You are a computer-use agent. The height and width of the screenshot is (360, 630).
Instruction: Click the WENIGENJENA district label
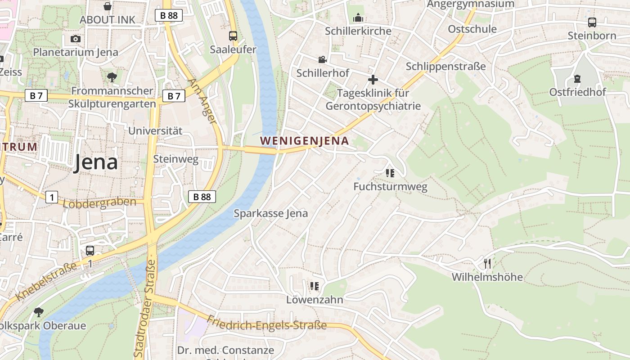pyautogui.click(x=304, y=141)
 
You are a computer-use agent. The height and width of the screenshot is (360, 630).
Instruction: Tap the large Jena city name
pyautogui.click(x=96, y=162)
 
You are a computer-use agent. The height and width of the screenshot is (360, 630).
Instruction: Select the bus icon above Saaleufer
pyautogui.click(x=233, y=36)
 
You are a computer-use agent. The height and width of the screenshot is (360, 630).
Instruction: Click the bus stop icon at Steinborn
pyautogui.click(x=592, y=22)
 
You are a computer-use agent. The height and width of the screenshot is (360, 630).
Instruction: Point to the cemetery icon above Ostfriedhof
pyautogui.click(x=577, y=79)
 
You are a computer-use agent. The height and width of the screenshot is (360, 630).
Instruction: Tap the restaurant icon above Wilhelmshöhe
pyautogui.click(x=487, y=264)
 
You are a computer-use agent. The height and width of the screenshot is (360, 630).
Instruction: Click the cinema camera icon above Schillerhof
pyautogui.click(x=322, y=59)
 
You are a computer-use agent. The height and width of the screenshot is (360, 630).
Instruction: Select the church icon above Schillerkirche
pyautogui.click(x=358, y=18)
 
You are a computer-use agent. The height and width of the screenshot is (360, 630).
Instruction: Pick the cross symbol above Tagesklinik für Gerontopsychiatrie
pyautogui.click(x=373, y=80)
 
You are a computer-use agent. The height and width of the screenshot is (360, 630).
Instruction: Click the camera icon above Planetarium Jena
pyautogui.click(x=76, y=39)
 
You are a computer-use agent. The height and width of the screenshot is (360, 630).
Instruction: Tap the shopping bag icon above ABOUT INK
pyautogui.click(x=108, y=6)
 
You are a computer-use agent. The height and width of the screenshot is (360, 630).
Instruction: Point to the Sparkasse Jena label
pyautogui.click(x=270, y=213)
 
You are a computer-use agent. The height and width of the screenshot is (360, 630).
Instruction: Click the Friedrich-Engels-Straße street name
pyautogui.click(x=266, y=323)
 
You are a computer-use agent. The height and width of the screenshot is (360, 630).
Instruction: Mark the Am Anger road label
pyautogui.click(x=202, y=101)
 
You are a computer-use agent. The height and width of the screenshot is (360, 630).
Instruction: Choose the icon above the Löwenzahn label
pyautogui.click(x=314, y=286)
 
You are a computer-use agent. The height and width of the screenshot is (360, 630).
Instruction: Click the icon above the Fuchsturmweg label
pyautogui.click(x=390, y=173)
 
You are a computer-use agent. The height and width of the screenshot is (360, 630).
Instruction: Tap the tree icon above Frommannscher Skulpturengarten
pyautogui.click(x=112, y=77)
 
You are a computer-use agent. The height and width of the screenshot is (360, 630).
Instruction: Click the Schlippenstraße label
pyautogui.click(x=445, y=67)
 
